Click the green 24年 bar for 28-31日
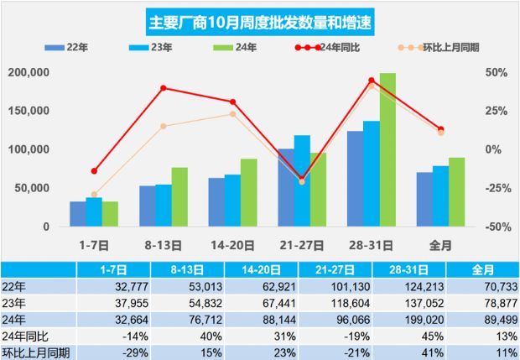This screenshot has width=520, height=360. click(387, 151)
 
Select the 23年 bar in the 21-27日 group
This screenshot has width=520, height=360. click(302, 180)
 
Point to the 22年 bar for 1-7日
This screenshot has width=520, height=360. click(77, 214)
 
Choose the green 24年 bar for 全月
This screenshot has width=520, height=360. click(456, 192)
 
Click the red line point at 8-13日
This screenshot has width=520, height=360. click(164, 88)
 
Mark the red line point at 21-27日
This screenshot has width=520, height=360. click(302, 179)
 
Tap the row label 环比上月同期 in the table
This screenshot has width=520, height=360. click(35, 350)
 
